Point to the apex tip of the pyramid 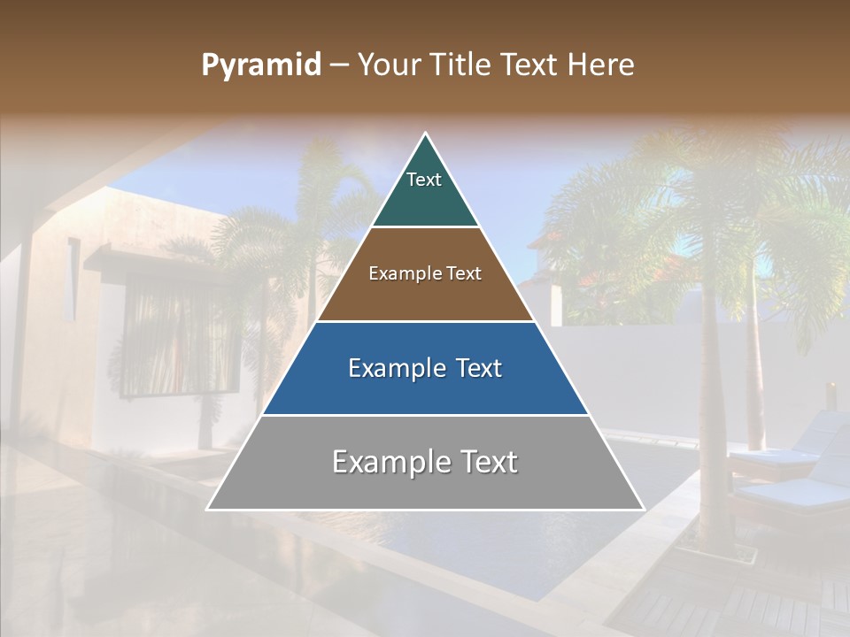(425, 134)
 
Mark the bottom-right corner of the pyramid (643, 509)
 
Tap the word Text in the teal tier (424, 180)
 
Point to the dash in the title (338, 65)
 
